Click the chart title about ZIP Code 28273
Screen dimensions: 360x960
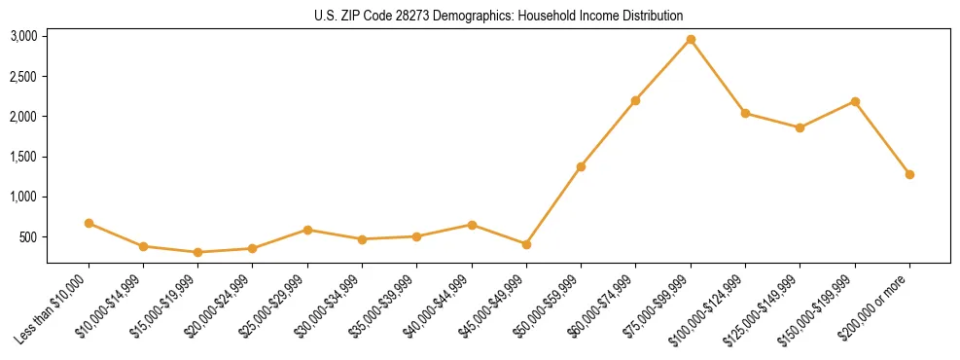tap(498, 16)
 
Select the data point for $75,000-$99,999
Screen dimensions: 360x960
tap(691, 39)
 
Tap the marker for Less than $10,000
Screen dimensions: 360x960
tap(89, 223)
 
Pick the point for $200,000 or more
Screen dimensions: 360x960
tap(909, 174)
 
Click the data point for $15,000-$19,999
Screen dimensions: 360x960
tap(198, 252)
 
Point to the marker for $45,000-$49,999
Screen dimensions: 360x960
tap(526, 244)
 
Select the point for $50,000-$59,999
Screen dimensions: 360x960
tap(581, 166)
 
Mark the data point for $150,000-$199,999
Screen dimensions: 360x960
tap(855, 101)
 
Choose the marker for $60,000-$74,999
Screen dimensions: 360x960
tap(635, 100)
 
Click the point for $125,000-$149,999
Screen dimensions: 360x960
tap(800, 127)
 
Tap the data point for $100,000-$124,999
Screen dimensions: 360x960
tap(745, 113)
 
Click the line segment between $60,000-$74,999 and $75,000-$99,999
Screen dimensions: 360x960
tap(663, 69)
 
